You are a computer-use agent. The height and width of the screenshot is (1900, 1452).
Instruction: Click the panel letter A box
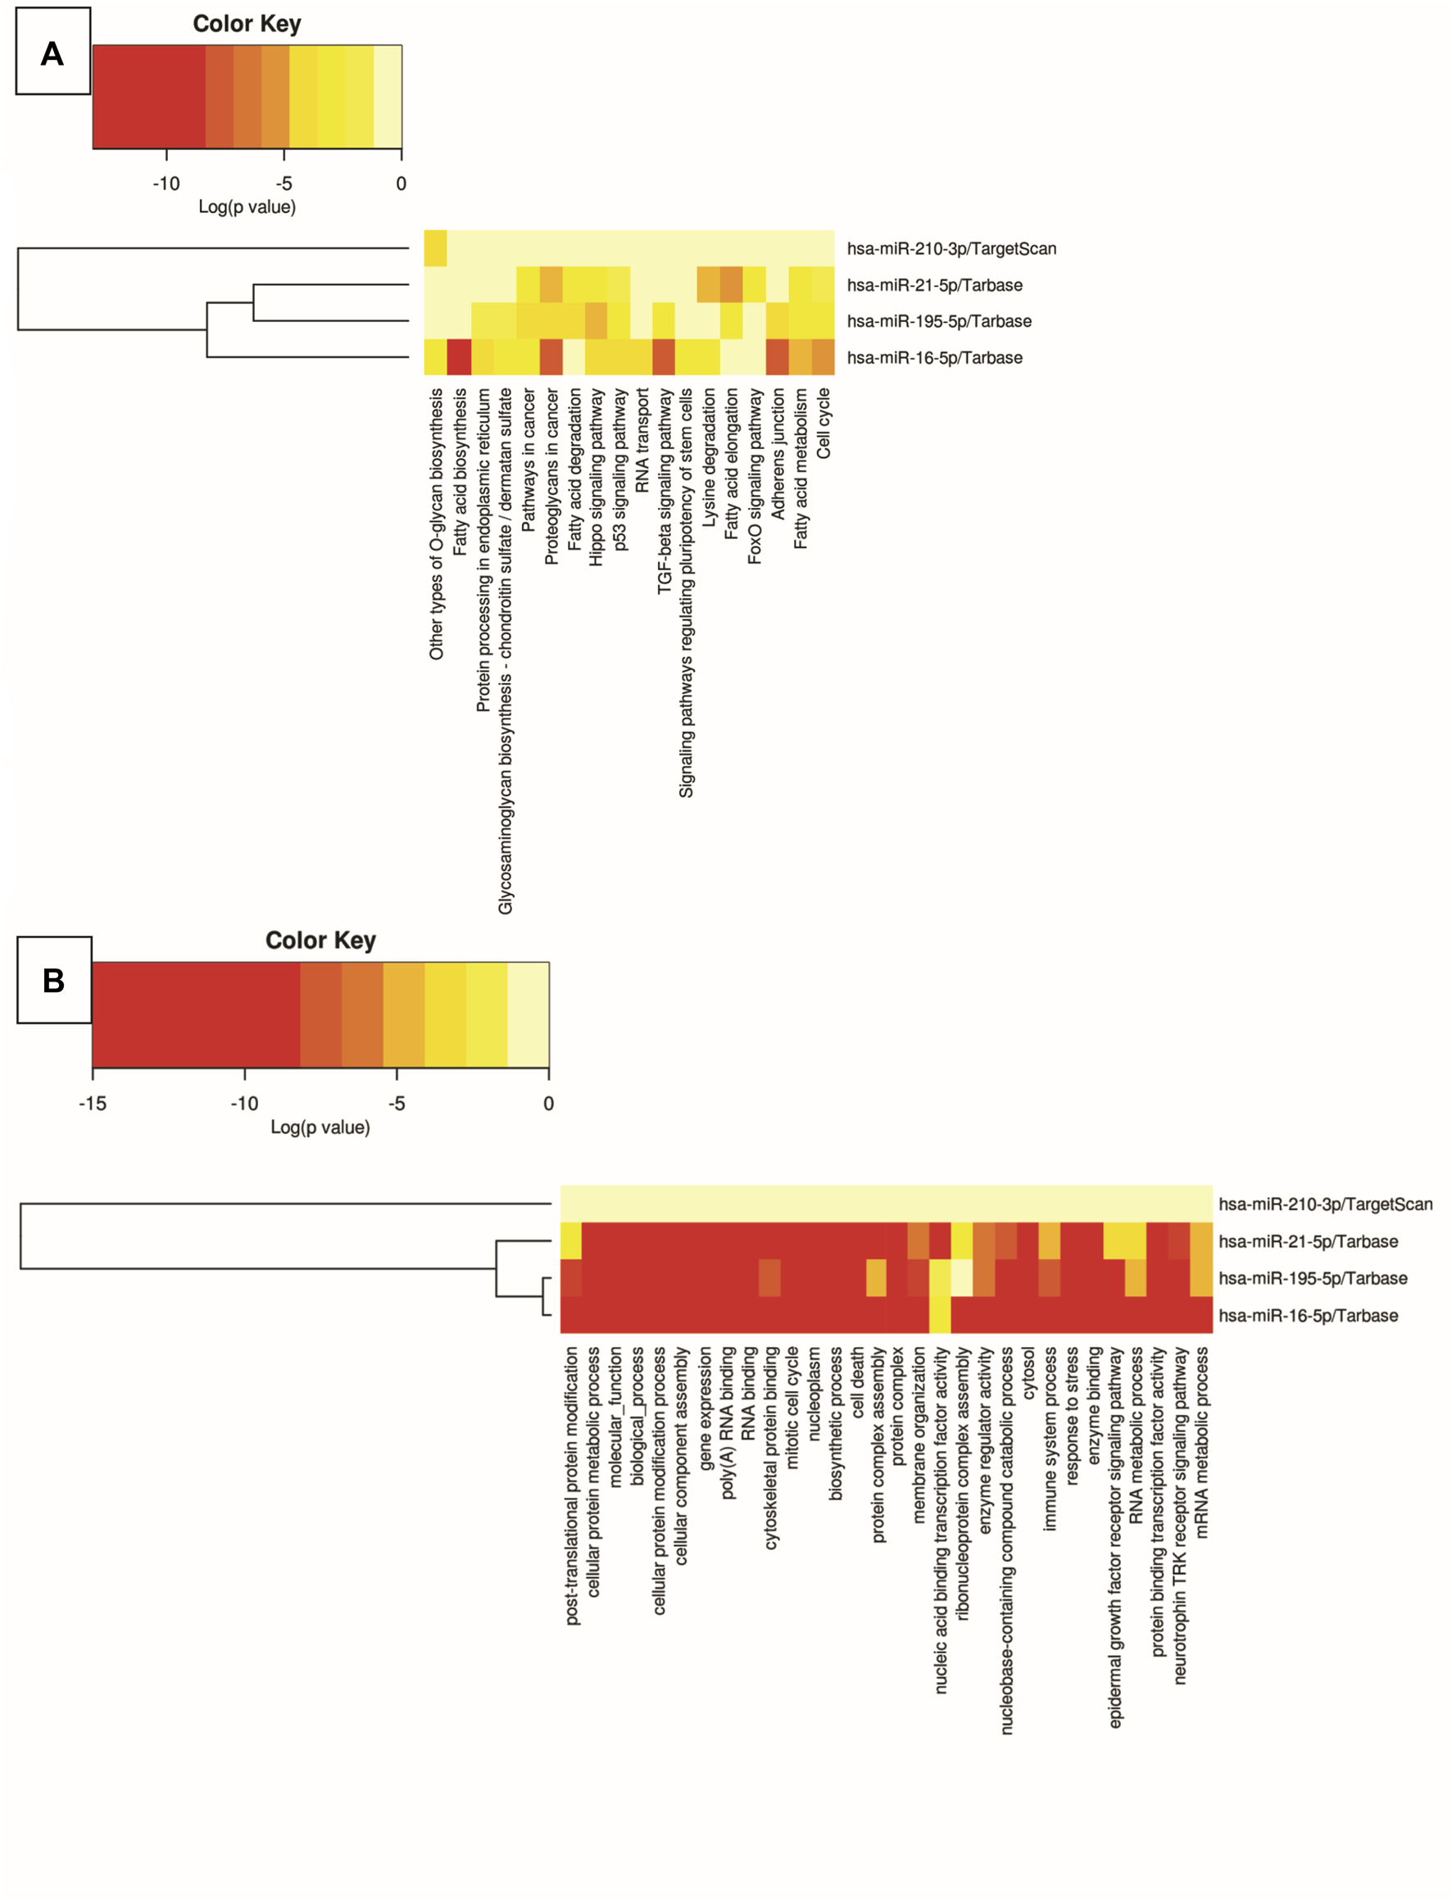click(52, 52)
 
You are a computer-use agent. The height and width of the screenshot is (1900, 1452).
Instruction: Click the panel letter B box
click(53, 980)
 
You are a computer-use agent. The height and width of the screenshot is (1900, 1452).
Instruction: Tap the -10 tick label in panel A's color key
click(166, 184)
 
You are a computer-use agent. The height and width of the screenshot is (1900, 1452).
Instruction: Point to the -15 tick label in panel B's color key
click(93, 1104)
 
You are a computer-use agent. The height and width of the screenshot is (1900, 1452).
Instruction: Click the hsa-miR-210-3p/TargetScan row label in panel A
click(951, 249)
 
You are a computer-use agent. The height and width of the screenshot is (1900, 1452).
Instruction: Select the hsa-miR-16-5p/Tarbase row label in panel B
click(1308, 1315)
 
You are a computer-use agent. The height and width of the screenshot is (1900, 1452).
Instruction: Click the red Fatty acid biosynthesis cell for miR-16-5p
click(459, 357)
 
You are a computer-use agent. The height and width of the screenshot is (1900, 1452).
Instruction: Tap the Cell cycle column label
click(823, 424)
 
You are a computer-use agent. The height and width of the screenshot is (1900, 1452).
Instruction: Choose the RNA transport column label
click(642, 441)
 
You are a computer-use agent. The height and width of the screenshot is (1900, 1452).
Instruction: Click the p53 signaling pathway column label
click(619, 469)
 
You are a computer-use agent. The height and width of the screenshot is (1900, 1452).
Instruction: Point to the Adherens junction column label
click(778, 454)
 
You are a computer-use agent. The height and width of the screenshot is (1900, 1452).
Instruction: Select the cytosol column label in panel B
click(1028, 1373)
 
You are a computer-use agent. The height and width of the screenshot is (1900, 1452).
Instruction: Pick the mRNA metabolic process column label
click(1201, 1443)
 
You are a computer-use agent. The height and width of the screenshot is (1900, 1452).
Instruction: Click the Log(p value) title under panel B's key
click(320, 1127)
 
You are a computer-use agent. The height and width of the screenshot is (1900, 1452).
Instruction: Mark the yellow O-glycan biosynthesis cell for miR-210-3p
click(436, 249)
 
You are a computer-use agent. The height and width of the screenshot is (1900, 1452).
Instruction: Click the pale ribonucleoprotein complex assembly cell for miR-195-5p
click(961, 1278)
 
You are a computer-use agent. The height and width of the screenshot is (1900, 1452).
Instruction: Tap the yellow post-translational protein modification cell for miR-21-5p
click(571, 1240)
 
